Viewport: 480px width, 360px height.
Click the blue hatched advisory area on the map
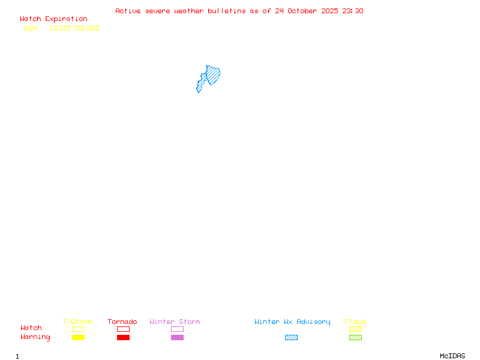211,76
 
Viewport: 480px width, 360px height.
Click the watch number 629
31,28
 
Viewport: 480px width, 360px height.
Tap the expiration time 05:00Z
87,28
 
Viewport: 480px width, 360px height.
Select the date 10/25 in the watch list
60,28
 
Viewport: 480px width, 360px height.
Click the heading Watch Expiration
53,19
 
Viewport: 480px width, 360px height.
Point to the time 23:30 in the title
353,11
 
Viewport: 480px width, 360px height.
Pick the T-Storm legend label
77,322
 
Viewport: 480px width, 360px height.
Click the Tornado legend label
122,322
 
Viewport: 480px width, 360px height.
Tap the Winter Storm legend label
175,322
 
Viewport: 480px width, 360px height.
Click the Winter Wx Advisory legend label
292,322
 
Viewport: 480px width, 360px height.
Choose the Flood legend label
355,322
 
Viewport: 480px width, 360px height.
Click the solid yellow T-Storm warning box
78,337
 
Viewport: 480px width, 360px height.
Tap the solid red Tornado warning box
123,337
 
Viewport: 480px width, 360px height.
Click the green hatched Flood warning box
355,337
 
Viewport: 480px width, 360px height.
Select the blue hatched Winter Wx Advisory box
291,337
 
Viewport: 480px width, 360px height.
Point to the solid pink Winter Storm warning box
177,337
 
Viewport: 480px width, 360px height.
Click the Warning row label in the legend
35,337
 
